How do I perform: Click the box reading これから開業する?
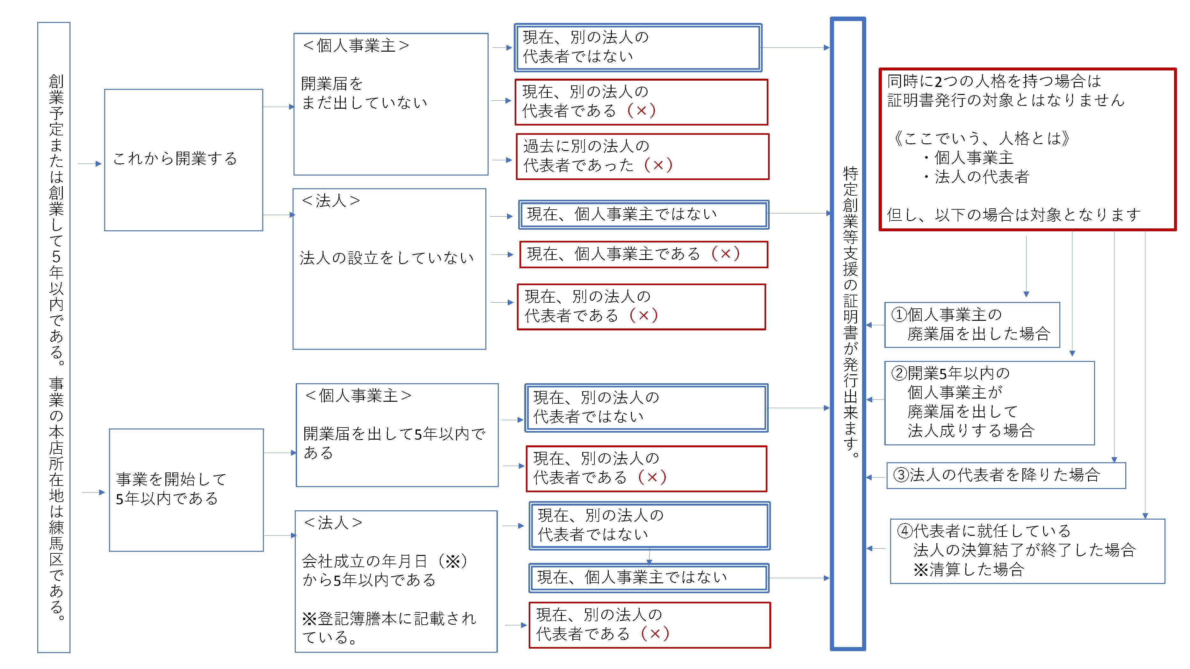tap(183, 160)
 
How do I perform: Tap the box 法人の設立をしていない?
tap(389, 269)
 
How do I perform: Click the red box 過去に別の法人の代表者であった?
tap(642, 156)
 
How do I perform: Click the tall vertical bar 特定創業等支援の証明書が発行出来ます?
tap(848, 333)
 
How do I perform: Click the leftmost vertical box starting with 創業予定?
tap(54, 337)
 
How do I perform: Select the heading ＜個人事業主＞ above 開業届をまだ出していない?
tap(356, 46)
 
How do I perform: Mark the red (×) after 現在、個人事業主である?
tap(725, 254)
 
